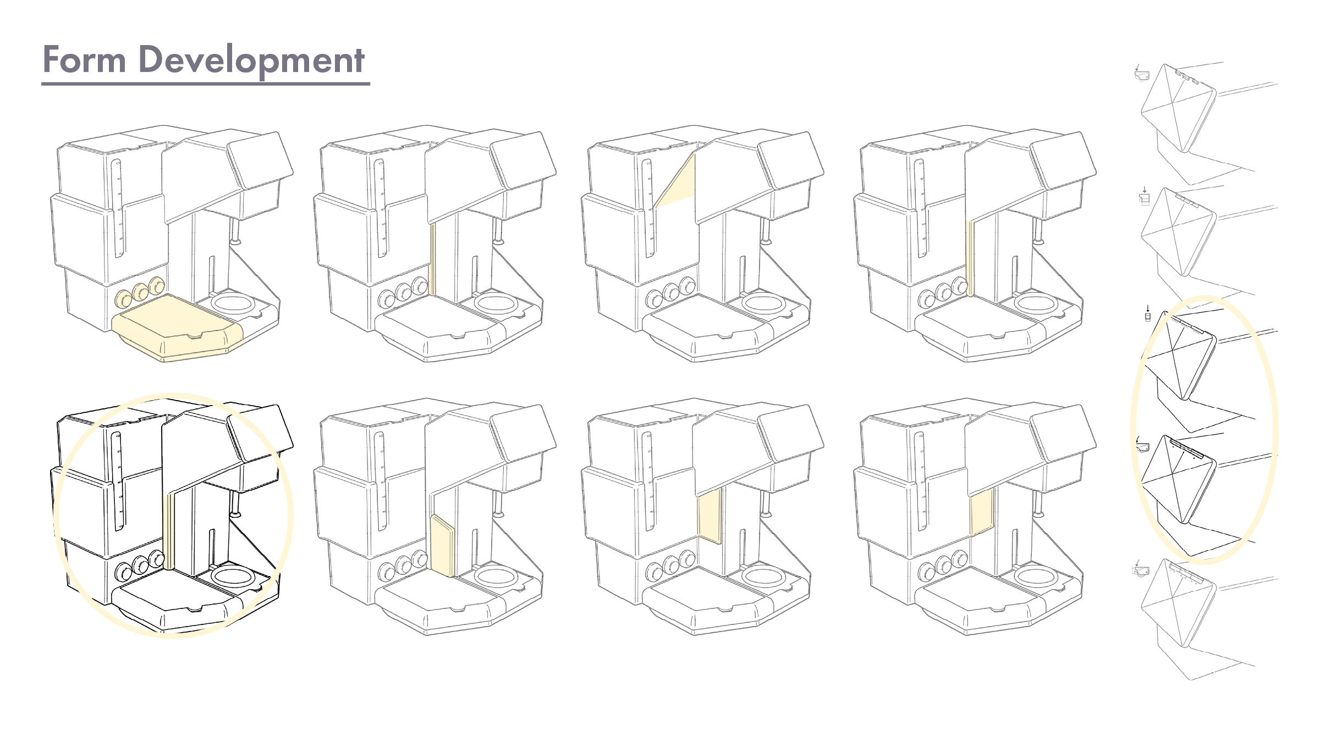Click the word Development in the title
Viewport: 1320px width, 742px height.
click(x=251, y=60)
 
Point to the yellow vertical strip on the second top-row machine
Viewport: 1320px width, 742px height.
click(x=432, y=258)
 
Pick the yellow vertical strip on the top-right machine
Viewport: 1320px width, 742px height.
click(x=970, y=258)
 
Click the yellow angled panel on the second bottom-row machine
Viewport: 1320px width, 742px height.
click(x=442, y=546)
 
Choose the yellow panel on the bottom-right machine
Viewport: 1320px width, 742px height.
click(x=981, y=511)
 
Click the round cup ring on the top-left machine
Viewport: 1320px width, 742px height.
click(x=233, y=303)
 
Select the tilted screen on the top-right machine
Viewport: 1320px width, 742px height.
click(x=1063, y=160)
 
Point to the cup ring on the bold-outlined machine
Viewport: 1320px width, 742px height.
click(x=233, y=577)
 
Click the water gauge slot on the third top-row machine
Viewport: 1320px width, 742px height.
click(x=648, y=208)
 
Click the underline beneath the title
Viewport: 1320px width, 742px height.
click(x=206, y=84)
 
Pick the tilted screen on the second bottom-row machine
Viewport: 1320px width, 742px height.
click(x=522, y=433)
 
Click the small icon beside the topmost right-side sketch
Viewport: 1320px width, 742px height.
click(x=1142, y=73)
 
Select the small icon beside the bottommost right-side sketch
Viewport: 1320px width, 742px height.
click(x=1142, y=569)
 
